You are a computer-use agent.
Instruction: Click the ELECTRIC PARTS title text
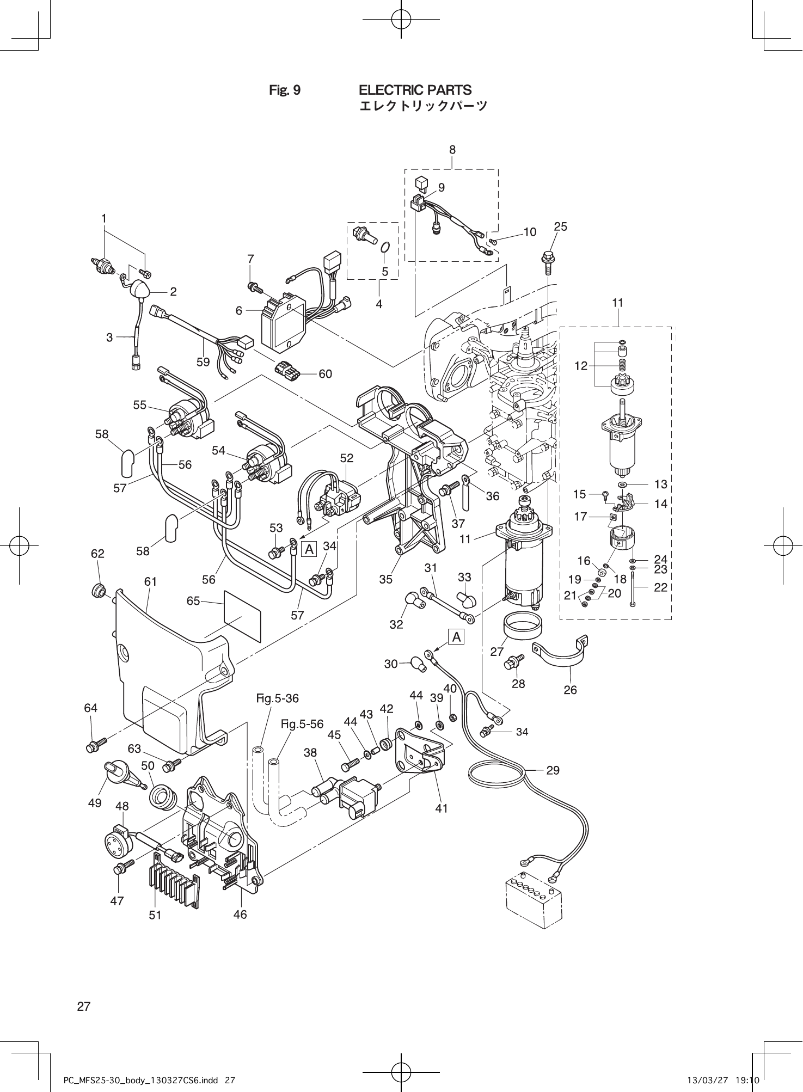[415, 90]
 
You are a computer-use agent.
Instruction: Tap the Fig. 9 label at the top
[285, 90]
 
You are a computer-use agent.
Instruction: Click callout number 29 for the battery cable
[553, 770]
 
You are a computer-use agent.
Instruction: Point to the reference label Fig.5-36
[278, 698]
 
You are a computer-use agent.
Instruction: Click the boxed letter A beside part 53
[309, 549]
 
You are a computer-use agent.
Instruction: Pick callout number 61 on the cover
[151, 582]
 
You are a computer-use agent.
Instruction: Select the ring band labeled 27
[522, 624]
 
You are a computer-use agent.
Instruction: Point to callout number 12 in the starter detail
[581, 366]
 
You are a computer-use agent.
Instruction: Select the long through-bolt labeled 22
[633, 588]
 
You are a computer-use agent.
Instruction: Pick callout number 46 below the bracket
[240, 915]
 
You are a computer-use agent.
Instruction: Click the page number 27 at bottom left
[84, 1007]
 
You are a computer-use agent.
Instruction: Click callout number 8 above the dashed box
[452, 149]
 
